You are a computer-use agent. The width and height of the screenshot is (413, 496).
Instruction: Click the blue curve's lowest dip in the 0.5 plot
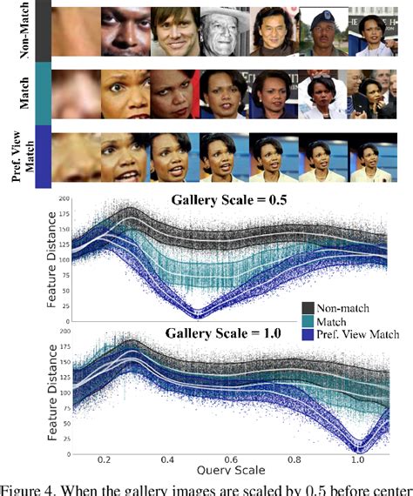point(198,313)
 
